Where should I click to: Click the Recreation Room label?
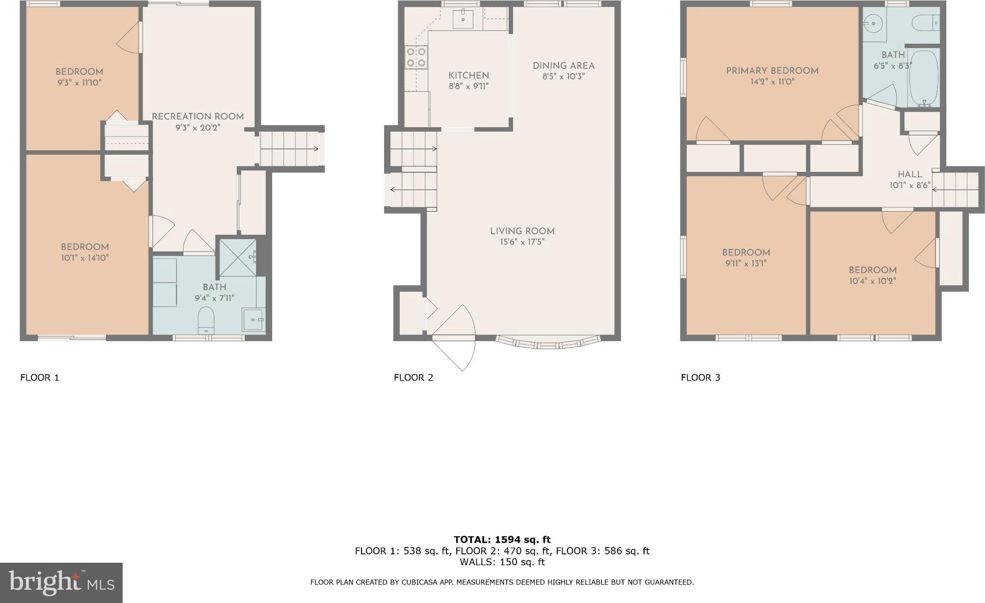tap(198, 116)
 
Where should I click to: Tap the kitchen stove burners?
tap(416, 57)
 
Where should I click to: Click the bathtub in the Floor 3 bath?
tap(924, 78)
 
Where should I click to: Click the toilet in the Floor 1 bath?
tap(206, 320)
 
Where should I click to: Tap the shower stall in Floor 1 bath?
tap(238, 258)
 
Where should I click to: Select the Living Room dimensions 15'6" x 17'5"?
tap(522, 242)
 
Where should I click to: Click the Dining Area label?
tap(564, 66)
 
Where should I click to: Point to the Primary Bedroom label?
tap(772, 71)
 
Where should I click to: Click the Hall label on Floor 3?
tap(910, 174)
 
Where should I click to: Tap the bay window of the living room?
tap(548, 342)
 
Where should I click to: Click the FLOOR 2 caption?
tap(414, 378)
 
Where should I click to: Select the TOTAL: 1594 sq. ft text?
tap(502, 540)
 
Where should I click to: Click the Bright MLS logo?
tap(61, 583)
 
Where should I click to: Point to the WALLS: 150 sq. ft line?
tap(502, 562)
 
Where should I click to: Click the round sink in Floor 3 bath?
tap(873, 23)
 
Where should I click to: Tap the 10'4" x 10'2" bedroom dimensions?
tap(873, 281)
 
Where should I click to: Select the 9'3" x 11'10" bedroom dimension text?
tap(79, 82)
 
